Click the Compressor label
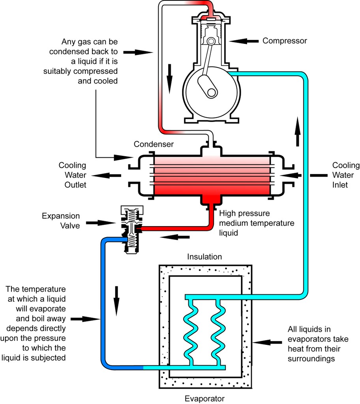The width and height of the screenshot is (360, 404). (x=285, y=41)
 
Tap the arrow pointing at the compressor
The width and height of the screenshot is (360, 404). (x=244, y=41)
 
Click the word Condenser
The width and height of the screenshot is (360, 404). (x=154, y=144)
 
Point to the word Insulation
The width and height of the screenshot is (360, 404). (x=205, y=257)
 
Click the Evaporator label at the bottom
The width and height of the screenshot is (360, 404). (x=205, y=398)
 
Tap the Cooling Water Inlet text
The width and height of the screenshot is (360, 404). (x=345, y=175)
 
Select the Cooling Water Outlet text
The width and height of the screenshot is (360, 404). (x=72, y=175)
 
